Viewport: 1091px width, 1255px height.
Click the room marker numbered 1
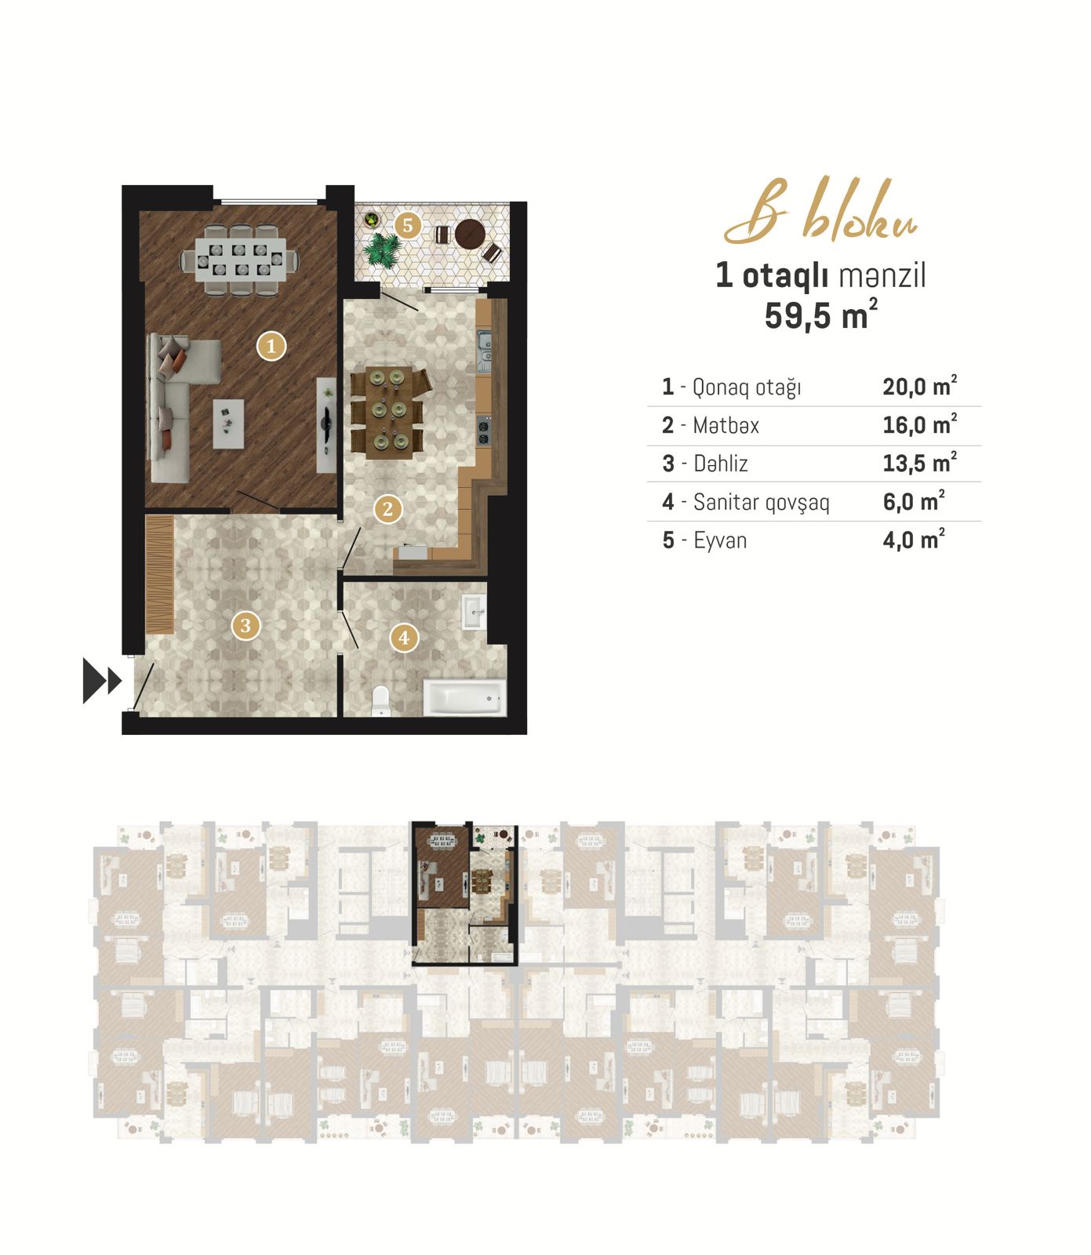point(271,345)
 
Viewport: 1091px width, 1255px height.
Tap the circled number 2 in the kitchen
point(387,509)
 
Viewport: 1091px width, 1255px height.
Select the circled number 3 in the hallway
point(245,625)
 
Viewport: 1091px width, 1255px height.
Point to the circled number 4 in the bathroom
point(404,638)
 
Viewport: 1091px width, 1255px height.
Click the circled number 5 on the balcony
point(407,226)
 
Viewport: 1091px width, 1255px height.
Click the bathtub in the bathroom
point(464,697)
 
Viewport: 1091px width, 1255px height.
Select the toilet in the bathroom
point(381,700)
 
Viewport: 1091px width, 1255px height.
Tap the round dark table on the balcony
point(471,233)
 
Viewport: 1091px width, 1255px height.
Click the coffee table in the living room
point(228,424)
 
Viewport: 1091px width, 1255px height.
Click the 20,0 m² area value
point(920,386)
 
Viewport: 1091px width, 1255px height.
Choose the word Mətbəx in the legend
point(726,425)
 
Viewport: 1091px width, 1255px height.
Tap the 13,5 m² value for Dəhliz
point(920,463)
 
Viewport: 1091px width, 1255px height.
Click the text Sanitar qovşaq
point(762,502)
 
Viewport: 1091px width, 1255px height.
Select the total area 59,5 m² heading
point(821,315)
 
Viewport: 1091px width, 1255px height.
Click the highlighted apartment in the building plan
point(465,893)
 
